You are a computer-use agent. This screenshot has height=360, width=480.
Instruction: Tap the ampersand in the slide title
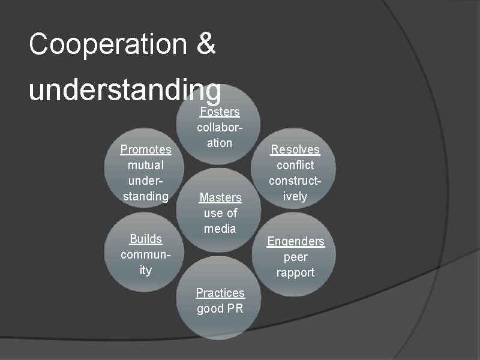pyautogui.click(x=205, y=44)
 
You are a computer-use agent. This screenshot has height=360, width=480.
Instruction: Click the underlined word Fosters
pyautogui.click(x=220, y=112)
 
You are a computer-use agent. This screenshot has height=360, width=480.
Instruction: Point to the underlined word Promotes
pyautogui.click(x=146, y=149)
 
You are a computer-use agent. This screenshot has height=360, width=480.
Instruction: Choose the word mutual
pyautogui.click(x=146, y=165)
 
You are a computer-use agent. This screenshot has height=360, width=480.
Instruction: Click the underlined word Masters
pyautogui.click(x=220, y=197)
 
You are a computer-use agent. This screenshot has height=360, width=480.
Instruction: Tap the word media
pyautogui.click(x=220, y=229)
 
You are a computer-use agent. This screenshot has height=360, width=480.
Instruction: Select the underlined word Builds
pyautogui.click(x=146, y=239)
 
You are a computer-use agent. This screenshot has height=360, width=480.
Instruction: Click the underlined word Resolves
pyautogui.click(x=295, y=149)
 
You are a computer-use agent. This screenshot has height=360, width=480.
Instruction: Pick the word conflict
pyautogui.click(x=295, y=165)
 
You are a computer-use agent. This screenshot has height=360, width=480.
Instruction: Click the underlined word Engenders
pyautogui.click(x=296, y=241)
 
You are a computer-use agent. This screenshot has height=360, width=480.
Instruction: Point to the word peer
pyautogui.click(x=296, y=257)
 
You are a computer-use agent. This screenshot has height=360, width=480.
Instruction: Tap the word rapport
pyautogui.click(x=296, y=272)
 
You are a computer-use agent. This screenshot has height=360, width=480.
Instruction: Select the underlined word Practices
pyautogui.click(x=220, y=293)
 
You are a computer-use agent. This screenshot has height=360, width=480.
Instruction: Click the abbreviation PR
pyautogui.click(x=235, y=309)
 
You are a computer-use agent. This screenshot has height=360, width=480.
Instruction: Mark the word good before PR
pyautogui.click(x=211, y=309)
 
